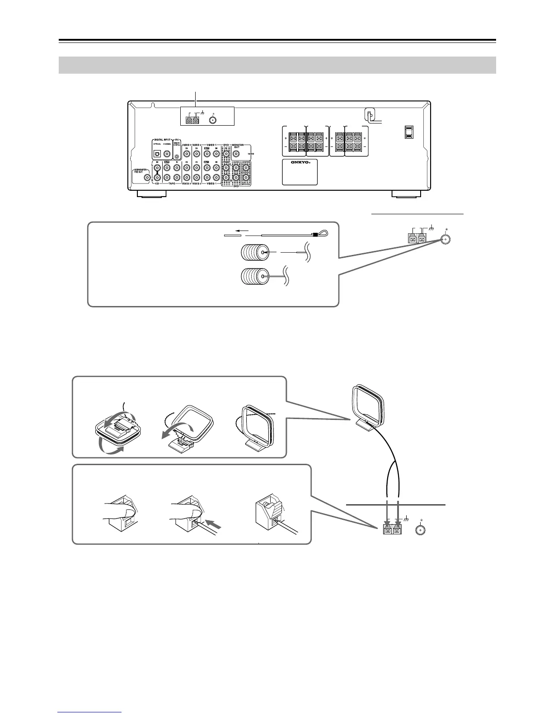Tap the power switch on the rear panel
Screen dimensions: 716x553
[x=409, y=132]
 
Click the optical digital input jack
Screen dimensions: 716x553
[x=158, y=154]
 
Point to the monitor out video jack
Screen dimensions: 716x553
[x=236, y=154]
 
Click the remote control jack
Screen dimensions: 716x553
[x=177, y=156]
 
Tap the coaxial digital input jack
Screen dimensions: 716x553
[x=167, y=154]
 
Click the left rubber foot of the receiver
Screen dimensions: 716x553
[x=151, y=194]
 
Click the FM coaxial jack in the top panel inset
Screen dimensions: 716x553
[x=214, y=120]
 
